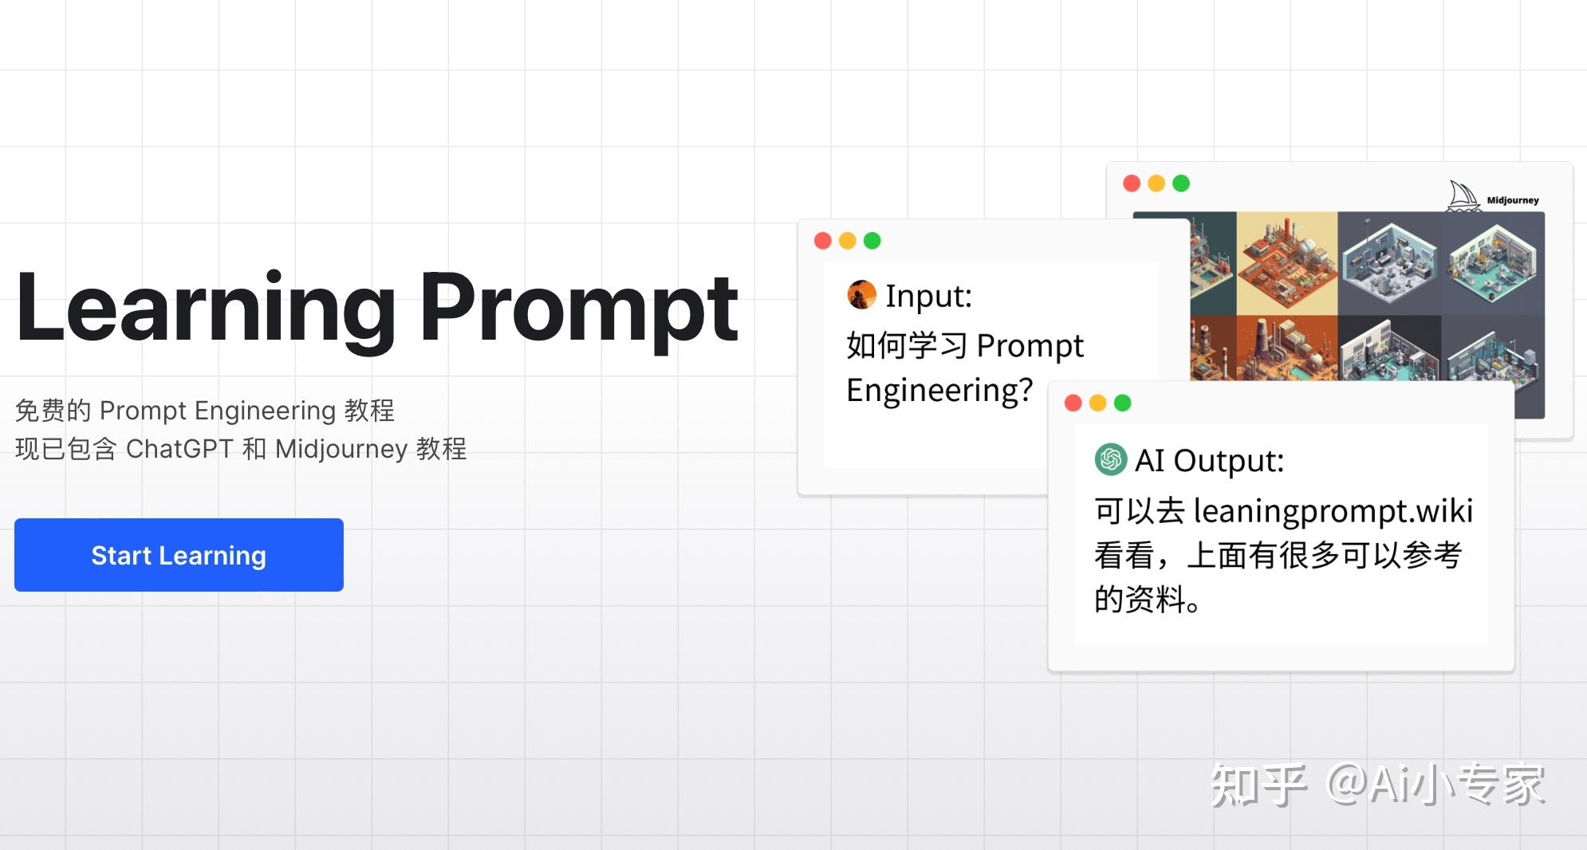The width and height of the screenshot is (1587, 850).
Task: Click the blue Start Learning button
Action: tap(179, 555)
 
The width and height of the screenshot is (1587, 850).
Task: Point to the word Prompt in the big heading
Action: tap(580, 309)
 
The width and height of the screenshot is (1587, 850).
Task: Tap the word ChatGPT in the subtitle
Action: tap(179, 449)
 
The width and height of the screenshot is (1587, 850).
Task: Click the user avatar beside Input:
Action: tap(861, 295)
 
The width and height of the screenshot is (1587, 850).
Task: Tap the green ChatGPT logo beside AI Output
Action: tap(1110, 459)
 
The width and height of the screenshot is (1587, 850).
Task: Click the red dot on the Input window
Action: tap(823, 241)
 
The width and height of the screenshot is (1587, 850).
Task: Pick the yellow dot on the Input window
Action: tap(848, 241)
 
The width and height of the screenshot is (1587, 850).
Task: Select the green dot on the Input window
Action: tap(872, 241)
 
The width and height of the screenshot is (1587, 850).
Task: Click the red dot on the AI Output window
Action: tap(1073, 403)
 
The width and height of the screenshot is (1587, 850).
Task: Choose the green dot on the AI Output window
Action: tap(1123, 403)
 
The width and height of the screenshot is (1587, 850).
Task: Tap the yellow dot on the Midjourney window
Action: tap(1156, 183)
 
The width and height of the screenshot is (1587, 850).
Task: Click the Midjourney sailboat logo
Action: tap(1464, 196)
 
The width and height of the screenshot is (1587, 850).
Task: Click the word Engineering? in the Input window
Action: tap(939, 391)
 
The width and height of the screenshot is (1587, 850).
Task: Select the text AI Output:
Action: tap(1209, 461)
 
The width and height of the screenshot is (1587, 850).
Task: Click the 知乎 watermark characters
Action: tap(1258, 785)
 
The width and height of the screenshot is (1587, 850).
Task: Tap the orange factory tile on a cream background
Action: tap(1287, 263)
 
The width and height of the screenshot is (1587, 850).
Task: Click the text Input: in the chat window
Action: tap(928, 296)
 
